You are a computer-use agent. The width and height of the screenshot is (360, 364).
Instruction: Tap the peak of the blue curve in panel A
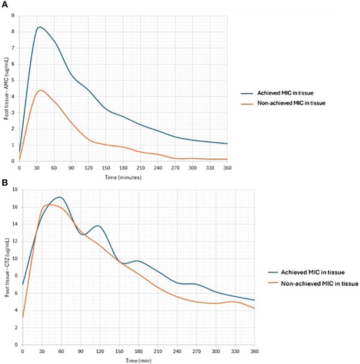pyautogui.click(x=39, y=27)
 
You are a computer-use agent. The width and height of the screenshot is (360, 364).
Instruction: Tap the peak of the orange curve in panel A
pyautogui.click(x=40, y=90)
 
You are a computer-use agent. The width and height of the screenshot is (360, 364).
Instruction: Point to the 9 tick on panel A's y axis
pyautogui.click(x=14, y=16)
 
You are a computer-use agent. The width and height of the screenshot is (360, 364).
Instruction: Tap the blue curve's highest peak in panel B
pyautogui.click(x=59, y=197)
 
